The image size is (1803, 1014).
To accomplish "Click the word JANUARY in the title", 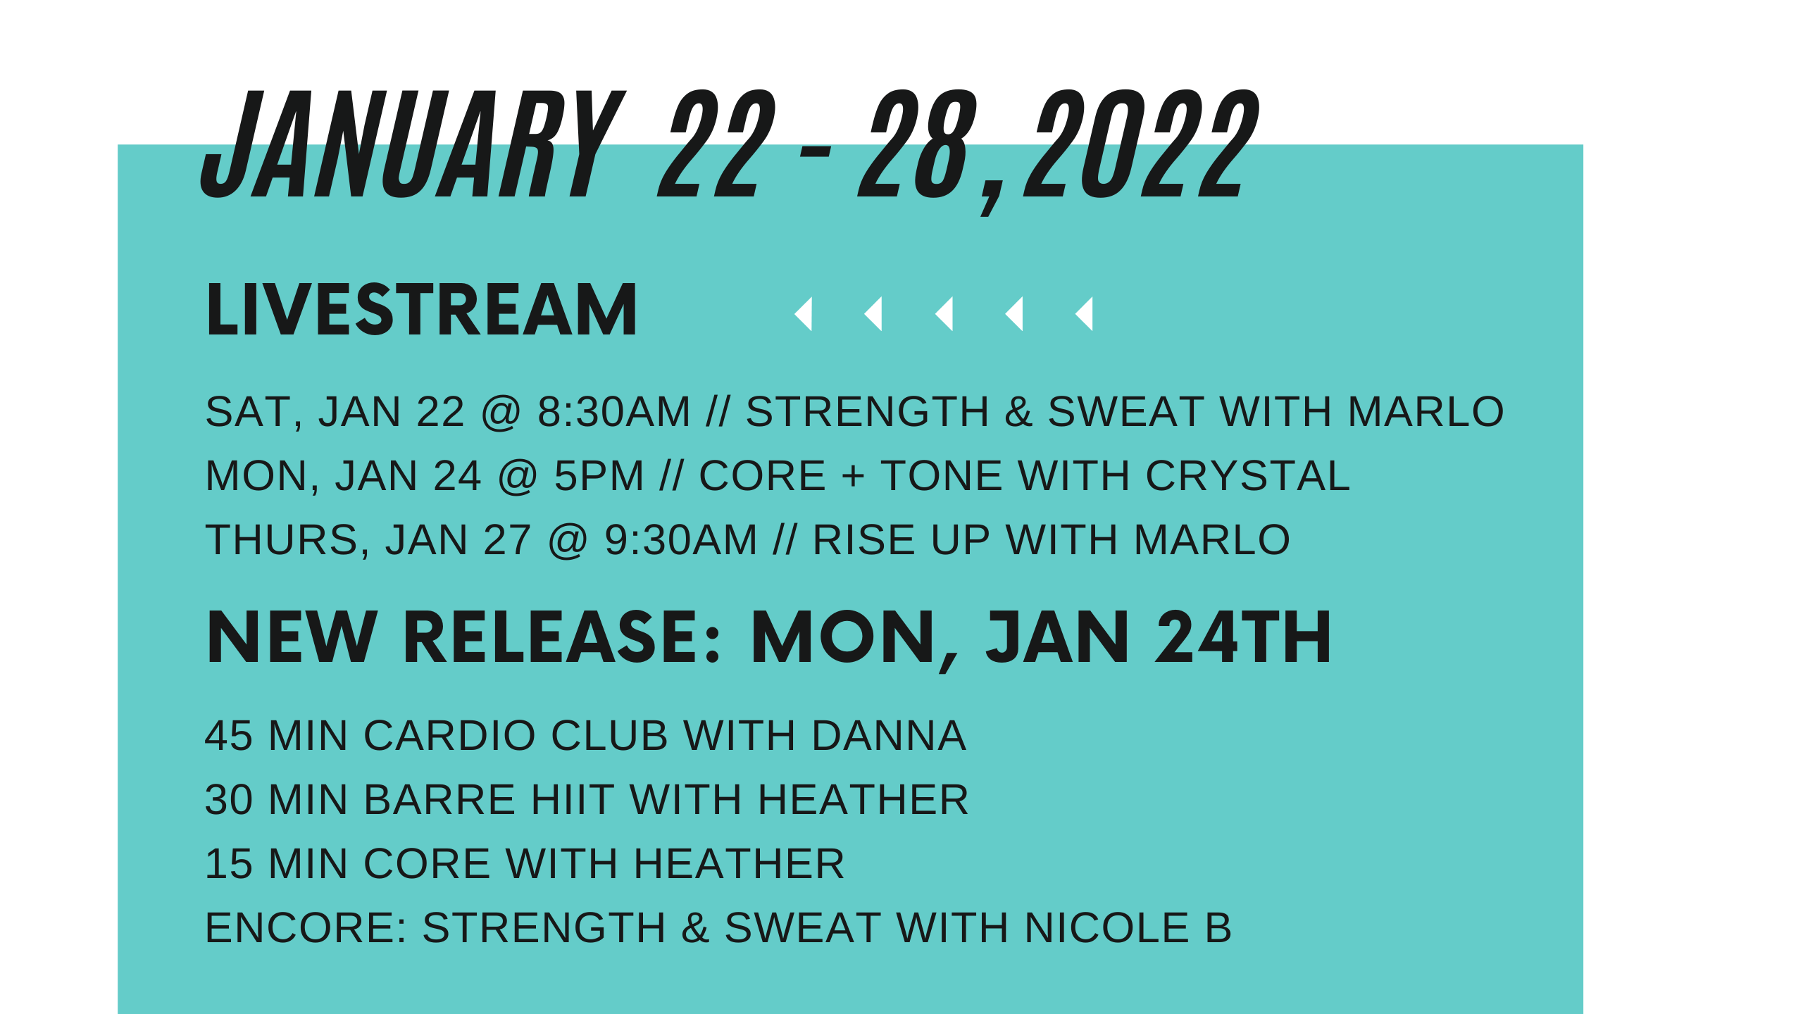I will [x=412, y=144].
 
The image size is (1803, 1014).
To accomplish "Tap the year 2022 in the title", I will [x=1141, y=144].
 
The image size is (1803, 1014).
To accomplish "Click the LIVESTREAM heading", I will [x=421, y=310].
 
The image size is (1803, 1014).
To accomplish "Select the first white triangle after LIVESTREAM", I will [x=804, y=313].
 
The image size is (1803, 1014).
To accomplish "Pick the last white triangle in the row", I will [x=1085, y=313].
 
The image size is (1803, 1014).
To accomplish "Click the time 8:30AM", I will [x=613, y=412].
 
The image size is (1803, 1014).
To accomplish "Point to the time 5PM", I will [x=599, y=476].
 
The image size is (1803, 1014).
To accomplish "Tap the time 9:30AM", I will [x=680, y=540].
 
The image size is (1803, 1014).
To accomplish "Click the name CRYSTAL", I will [x=1247, y=476].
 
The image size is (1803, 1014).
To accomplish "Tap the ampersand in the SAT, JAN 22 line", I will [x=1018, y=412].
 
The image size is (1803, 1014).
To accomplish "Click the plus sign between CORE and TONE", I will [x=853, y=477].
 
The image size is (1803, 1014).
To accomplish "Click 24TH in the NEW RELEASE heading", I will [x=1242, y=637].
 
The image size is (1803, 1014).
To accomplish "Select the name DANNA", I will [x=889, y=736].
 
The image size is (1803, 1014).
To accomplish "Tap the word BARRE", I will [x=439, y=800].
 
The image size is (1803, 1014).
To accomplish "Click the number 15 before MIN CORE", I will [x=228, y=864].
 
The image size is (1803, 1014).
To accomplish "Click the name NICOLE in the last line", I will [x=1106, y=928].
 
